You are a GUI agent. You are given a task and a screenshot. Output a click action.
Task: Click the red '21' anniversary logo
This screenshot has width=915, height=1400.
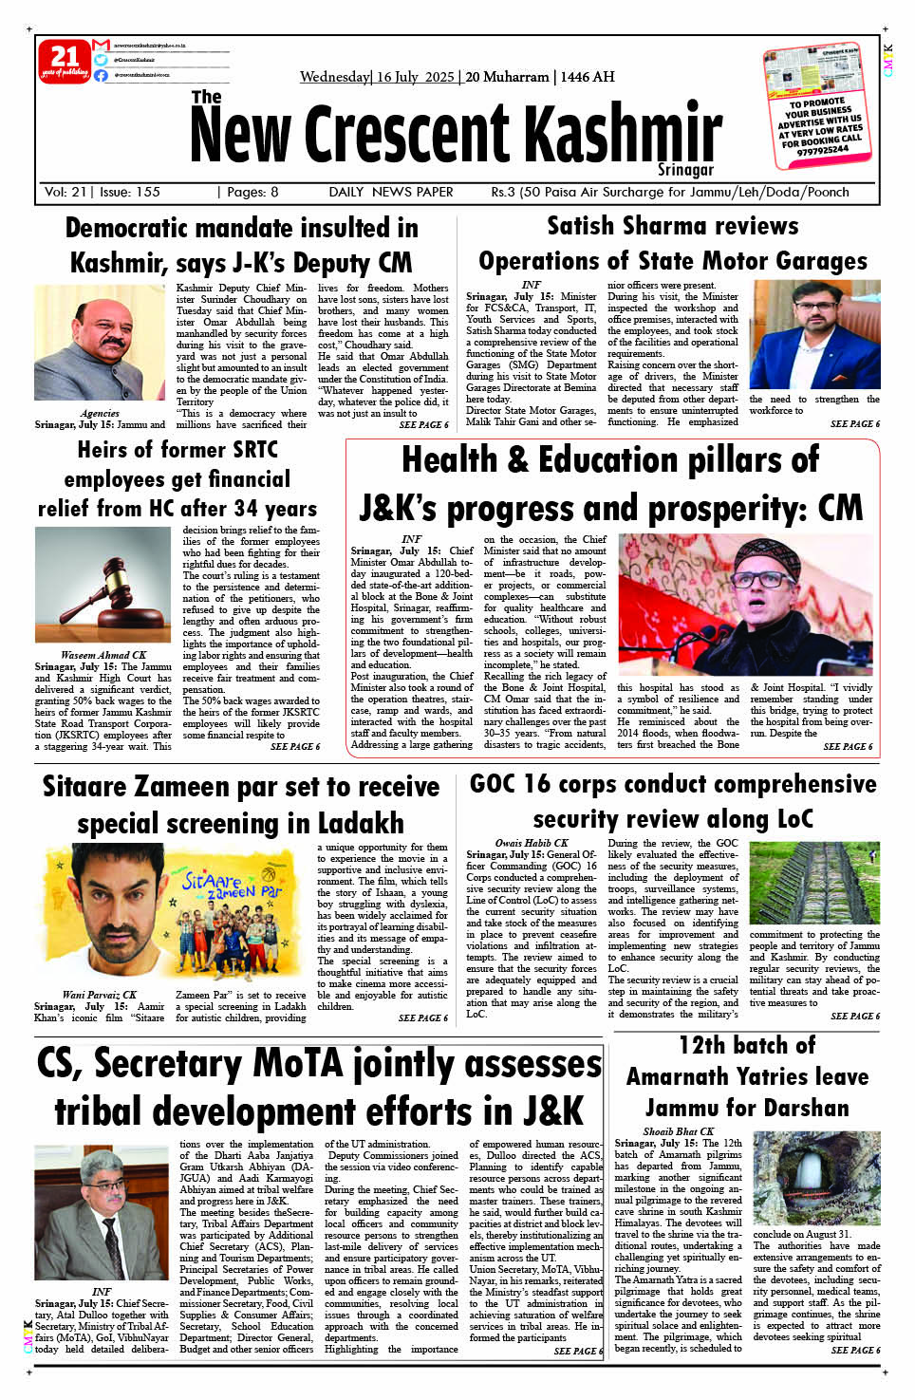click(x=65, y=61)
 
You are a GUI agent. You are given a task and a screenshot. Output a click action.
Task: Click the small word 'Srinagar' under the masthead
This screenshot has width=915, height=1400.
click(x=684, y=170)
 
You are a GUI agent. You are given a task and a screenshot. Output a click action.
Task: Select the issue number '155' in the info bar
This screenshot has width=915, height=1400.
click(x=148, y=192)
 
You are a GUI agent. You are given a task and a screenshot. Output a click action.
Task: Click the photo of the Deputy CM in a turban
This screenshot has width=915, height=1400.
click(x=102, y=343)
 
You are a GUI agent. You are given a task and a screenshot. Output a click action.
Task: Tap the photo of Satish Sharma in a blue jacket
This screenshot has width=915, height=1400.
click(x=813, y=334)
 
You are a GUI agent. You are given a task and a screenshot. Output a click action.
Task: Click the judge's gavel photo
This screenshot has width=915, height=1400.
click(x=103, y=584)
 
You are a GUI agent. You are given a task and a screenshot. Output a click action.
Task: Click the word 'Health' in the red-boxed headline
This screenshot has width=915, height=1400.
click(x=451, y=460)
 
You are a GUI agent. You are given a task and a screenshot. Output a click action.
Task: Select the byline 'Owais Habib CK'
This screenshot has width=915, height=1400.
click(x=532, y=843)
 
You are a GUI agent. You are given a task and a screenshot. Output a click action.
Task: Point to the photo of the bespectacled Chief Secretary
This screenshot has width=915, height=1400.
click(x=102, y=1213)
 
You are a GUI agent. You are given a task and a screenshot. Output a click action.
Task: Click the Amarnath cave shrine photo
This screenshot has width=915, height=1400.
click(x=816, y=1179)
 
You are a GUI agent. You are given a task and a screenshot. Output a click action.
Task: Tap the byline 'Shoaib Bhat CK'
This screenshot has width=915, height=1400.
click(x=679, y=1131)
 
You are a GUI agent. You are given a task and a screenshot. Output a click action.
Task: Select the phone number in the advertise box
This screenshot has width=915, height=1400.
click(x=823, y=150)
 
